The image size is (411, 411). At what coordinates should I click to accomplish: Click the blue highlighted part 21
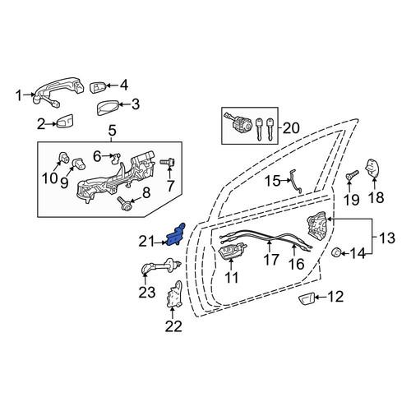[x=175, y=236]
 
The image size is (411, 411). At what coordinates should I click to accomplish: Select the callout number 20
[x=291, y=128]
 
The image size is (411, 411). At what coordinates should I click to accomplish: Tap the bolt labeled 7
[x=168, y=163]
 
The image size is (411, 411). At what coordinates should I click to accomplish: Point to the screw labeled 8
[x=124, y=203]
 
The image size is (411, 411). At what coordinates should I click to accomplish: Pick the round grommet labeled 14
[x=336, y=252]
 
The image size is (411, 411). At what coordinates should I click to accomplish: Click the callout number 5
[x=113, y=131]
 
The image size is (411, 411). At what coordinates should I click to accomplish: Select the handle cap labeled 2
[x=65, y=121]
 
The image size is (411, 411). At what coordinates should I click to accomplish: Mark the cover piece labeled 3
[x=108, y=108]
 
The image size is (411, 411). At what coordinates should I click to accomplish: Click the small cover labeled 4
[x=98, y=86]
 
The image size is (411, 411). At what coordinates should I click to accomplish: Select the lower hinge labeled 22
[x=174, y=293]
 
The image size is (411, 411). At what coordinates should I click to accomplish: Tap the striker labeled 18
[x=373, y=169]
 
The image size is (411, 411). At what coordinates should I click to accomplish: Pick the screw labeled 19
[x=353, y=174]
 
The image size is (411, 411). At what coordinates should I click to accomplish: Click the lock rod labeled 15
[x=295, y=181]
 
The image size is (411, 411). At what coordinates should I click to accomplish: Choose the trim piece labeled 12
[x=307, y=299]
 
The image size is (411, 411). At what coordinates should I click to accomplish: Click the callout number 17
[x=271, y=260]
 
